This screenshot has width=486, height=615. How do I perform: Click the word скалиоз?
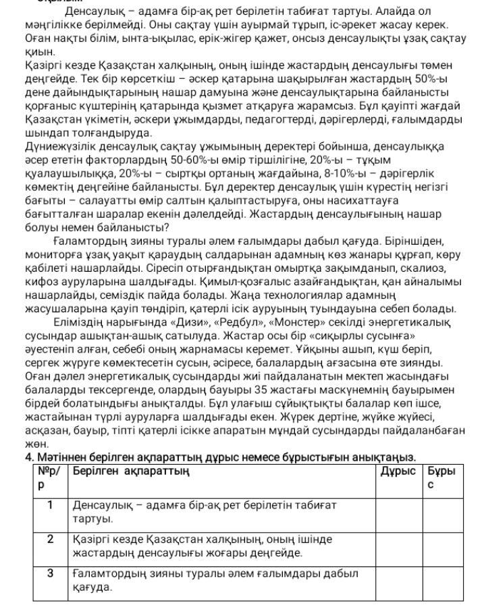pos(415,268)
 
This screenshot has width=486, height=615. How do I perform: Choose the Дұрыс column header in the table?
pos(398,471)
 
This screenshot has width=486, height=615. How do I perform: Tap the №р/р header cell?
pos(50,477)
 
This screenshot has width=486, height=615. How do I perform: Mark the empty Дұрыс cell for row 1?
pos(398,512)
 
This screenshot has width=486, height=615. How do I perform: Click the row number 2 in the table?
pos(50,539)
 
